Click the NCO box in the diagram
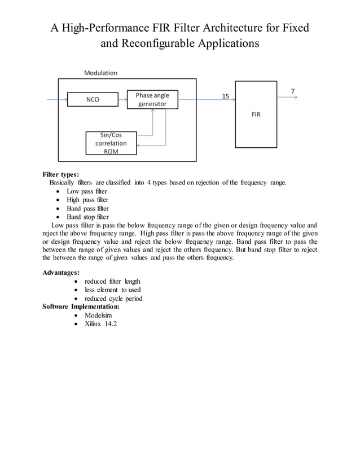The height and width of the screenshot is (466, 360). coord(93,100)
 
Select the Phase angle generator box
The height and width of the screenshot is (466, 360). coord(152,100)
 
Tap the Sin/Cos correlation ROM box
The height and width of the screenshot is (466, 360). coord(111,143)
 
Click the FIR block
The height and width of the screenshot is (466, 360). coord(256,115)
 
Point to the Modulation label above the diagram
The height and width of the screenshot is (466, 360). coord(100,73)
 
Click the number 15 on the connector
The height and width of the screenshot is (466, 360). coord(225,96)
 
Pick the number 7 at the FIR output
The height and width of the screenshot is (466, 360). coord(292,91)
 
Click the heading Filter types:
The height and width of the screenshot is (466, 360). coord(61,174)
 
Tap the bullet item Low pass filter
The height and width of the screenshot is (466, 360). coord(87,191)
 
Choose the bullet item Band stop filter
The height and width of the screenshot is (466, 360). coord(87,217)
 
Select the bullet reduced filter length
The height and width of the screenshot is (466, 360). coord(112,282)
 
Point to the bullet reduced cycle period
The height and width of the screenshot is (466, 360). coord(113,298)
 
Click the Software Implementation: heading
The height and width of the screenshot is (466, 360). coord(81,307)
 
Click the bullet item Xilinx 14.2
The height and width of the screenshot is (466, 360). coord(100,324)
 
